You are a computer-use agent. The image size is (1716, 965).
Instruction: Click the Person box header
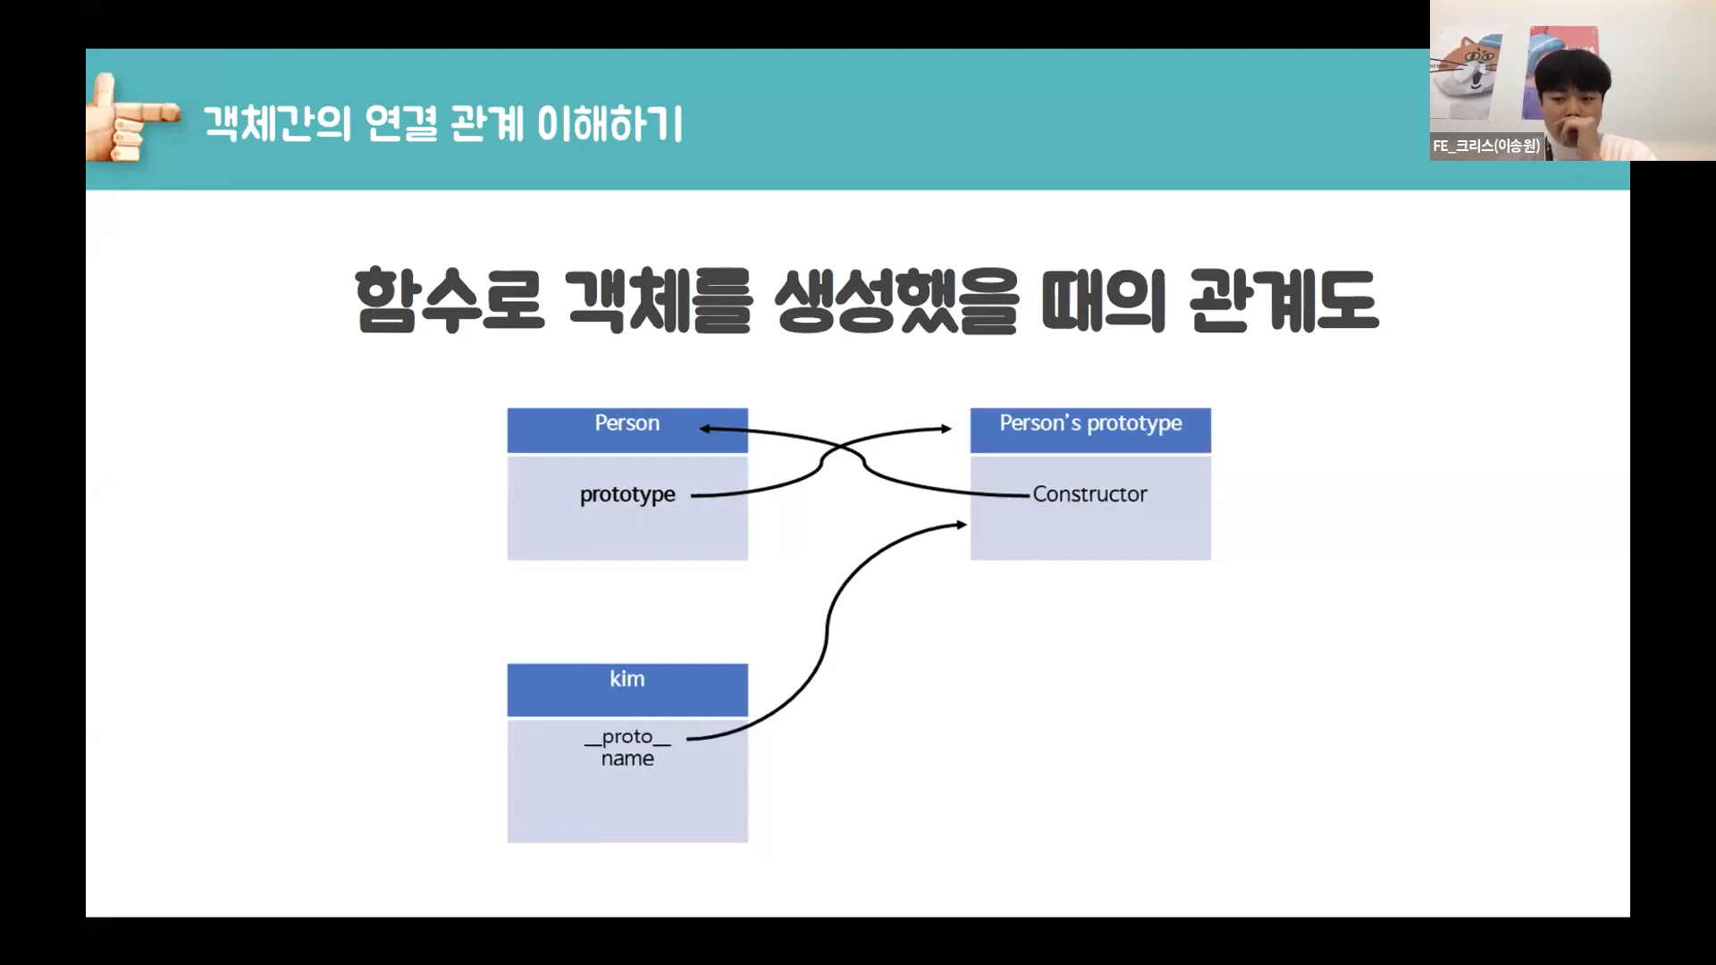click(627, 429)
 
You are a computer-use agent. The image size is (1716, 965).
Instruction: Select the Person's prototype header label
click(1090, 423)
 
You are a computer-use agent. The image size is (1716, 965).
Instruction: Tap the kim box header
click(627, 688)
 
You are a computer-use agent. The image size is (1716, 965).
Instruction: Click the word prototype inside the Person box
click(627, 494)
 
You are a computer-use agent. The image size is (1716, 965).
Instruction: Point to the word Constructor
click(1089, 494)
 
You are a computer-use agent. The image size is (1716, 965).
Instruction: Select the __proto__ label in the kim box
click(627, 737)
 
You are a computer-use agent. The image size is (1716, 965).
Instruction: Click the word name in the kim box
click(627, 759)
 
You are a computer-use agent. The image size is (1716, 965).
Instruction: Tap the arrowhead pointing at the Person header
click(705, 429)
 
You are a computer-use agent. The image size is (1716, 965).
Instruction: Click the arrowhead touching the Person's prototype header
click(946, 429)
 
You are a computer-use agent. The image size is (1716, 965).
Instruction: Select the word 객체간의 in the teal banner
click(278, 123)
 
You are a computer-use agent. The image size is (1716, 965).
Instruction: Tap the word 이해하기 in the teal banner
click(610, 123)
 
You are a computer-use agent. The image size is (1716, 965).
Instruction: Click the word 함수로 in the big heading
click(449, 300)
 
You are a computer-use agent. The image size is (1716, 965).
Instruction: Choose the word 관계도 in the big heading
click(1283, 300)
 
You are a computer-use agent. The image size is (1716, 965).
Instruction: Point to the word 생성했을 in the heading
click(896, 300)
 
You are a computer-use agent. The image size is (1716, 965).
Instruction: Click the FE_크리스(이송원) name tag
click(1486, 146)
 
